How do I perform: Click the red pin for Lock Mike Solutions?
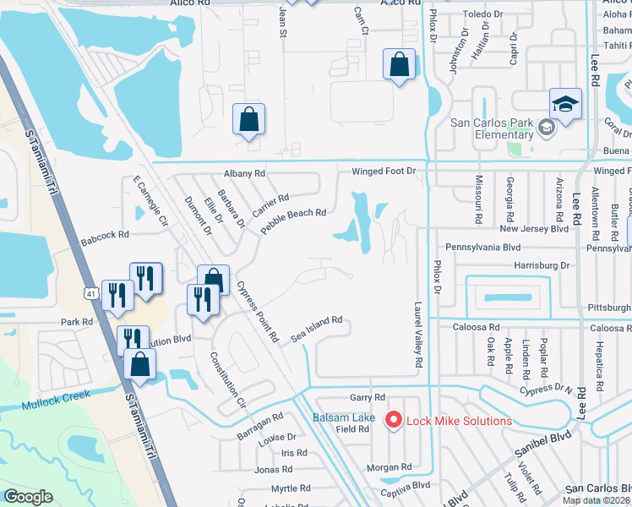point(393,419)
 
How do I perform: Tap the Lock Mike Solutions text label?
point(459,421)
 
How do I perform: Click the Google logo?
point(28,497)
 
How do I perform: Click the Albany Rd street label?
point(244,173)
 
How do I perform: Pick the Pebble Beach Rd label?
point(293,222)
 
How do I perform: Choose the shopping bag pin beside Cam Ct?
point(400,65)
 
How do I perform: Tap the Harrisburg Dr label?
point(542,264)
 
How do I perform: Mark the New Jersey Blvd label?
point(533,228)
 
